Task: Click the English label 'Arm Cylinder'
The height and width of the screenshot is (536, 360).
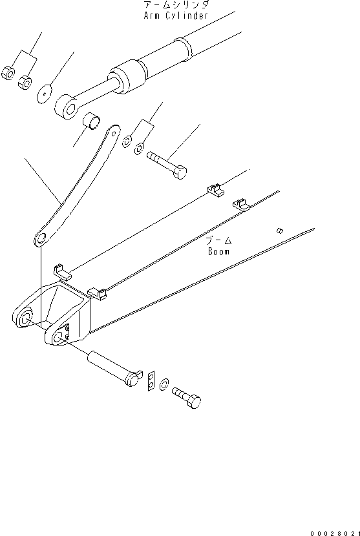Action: [176, 15]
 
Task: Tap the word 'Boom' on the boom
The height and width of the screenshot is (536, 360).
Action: [219, 252]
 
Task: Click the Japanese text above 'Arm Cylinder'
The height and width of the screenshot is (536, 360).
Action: [176, 5]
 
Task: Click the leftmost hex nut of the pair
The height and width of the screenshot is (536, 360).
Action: [9, 74]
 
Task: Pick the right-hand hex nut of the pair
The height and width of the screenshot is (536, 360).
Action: [26, 83]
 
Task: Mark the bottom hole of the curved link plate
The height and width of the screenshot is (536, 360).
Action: [41, 240]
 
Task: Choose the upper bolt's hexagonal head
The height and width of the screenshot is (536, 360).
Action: [181, 172]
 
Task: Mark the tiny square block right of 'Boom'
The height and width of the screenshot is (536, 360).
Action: [279, 230]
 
